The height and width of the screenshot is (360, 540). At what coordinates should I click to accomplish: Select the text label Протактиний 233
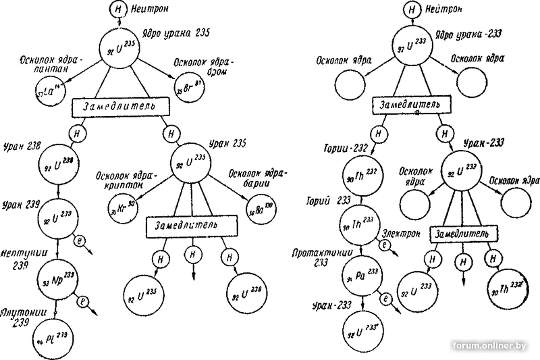tap(316, 258)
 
